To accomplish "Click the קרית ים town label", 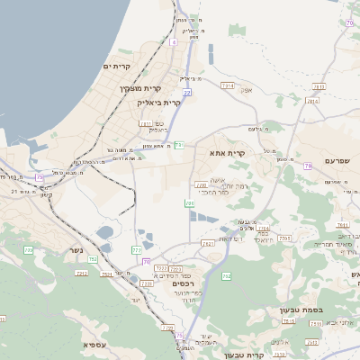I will [x=118, y=67].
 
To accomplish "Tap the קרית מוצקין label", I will [x=139, y=88].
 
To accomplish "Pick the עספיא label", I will [x=96, y=345].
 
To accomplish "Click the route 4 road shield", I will [x=173, y=42].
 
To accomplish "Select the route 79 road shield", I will [x=308, y=166].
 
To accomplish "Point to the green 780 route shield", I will [x=190, y=204].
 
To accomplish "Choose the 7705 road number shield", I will [x=284, y=238].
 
